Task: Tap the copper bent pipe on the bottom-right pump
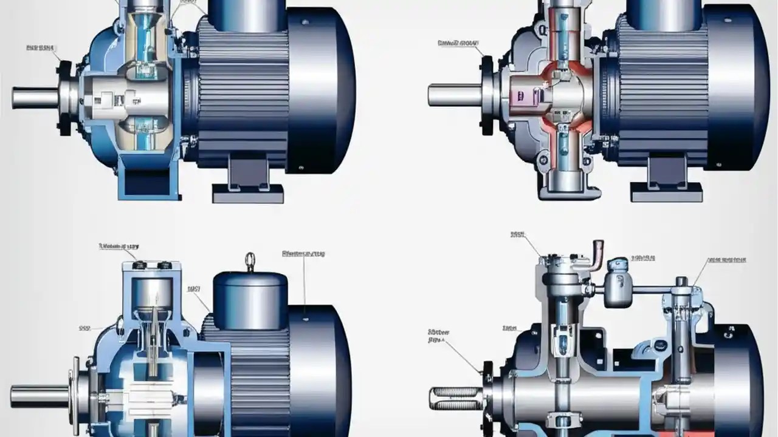597,251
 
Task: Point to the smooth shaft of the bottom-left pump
40,396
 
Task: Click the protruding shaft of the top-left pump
35,97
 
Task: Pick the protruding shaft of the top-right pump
453,95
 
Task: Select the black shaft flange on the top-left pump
64,97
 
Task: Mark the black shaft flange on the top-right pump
487,95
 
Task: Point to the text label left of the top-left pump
41,47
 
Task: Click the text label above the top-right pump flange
458,44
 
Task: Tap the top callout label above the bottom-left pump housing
119,247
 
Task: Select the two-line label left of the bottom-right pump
438,336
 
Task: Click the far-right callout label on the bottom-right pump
726,260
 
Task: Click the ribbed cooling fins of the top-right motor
663,91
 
